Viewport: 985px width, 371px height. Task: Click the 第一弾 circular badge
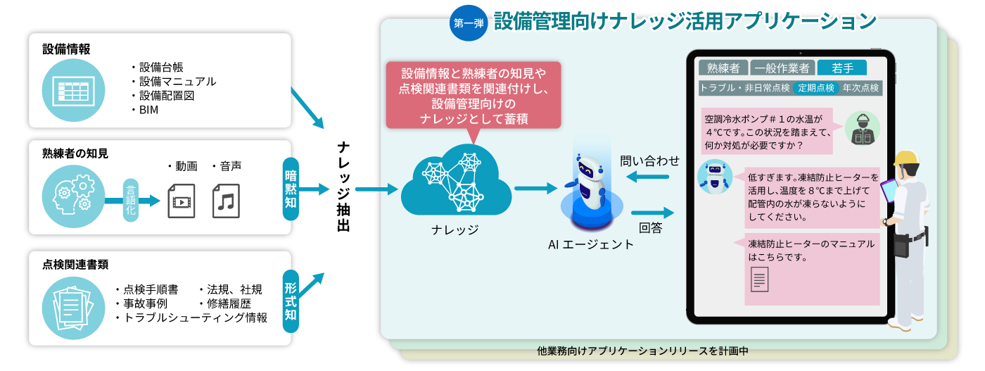[469, 23]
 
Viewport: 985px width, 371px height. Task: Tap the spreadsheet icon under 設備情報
[71, 92]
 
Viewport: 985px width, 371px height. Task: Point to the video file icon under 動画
[182, 200]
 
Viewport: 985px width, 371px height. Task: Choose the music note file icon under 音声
[226, 200]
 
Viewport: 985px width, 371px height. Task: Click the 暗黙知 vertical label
[290, 189]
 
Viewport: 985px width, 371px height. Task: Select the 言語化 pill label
[131, 200]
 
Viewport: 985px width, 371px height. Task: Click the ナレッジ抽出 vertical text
[343, 187]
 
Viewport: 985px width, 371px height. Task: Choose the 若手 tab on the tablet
[842, 68]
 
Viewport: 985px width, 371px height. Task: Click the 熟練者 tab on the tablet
[723, 68]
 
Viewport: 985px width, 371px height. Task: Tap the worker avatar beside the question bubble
[861, 129]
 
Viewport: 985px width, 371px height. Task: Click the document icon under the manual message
[759, 279]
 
